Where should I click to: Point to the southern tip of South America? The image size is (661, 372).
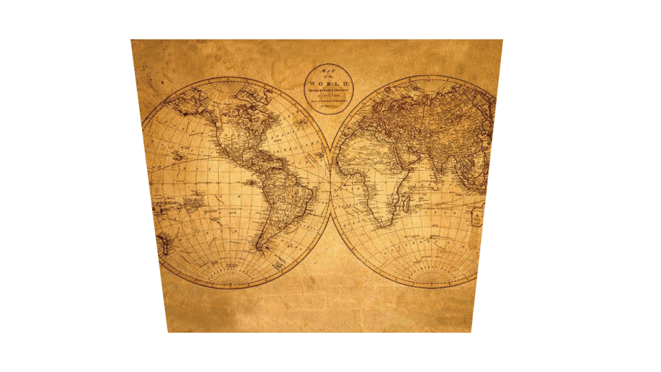point(259,250)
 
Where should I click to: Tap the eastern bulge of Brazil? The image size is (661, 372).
point(304,187)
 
